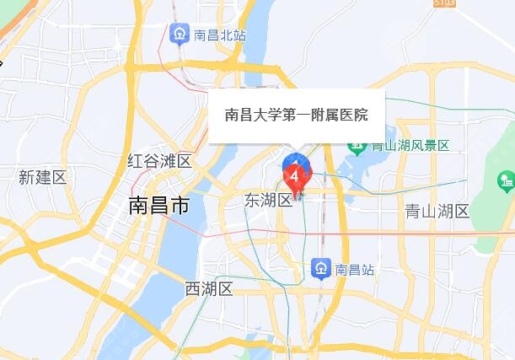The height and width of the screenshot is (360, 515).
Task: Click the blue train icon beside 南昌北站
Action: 179,35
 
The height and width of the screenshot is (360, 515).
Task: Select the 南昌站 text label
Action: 355,269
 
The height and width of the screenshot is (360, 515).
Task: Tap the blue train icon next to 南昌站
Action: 321,269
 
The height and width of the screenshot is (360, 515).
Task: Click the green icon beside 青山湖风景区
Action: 373,144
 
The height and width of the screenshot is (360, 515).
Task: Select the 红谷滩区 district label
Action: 159,161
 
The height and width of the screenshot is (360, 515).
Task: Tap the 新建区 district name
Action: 42,177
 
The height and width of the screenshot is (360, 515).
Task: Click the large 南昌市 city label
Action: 158,205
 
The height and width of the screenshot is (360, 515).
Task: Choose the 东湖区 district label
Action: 268,201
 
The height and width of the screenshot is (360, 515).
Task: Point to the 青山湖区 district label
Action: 436,210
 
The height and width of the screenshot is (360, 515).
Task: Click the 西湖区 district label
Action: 208,289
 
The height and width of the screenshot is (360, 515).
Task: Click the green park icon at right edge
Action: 506,180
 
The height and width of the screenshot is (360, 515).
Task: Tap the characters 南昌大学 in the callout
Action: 253,115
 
